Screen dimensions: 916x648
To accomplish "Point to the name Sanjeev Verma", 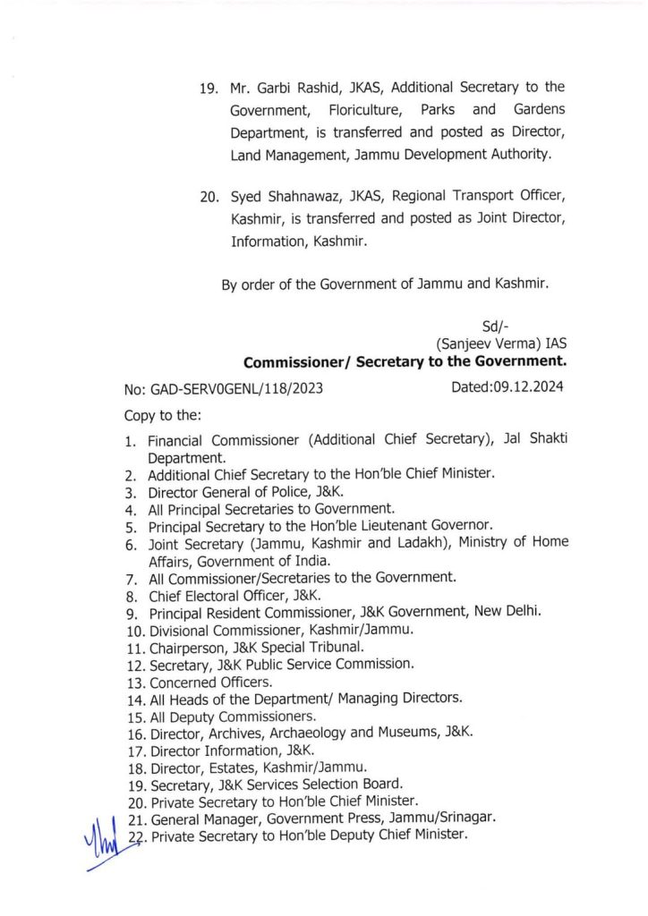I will [492, 343].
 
